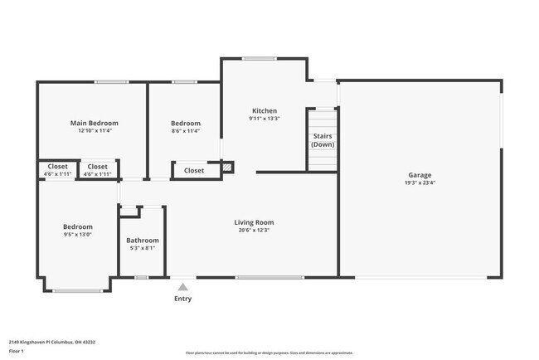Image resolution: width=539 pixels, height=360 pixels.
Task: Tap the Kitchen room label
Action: click(265, 110)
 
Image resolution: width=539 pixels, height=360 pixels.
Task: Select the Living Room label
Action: click(254, 222)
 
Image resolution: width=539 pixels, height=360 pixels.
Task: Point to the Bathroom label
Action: click(142, 241)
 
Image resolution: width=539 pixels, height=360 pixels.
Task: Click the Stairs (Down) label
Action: click(323, 140)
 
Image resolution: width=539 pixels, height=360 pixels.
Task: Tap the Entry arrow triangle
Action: click(182, 287)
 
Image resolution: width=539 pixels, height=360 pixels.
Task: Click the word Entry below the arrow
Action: click(182, 299)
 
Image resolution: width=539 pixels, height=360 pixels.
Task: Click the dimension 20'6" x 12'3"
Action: click(254, 230)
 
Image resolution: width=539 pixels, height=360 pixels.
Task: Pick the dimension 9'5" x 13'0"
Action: click(78, 234)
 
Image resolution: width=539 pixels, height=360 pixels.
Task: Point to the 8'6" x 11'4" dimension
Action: click(186, 130)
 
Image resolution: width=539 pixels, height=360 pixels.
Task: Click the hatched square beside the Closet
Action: click(227, 167)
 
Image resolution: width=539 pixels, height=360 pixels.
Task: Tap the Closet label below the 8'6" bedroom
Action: click(194, 171)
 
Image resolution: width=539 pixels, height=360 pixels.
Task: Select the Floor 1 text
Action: click(16, 351)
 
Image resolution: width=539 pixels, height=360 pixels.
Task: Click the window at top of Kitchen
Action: click(260, 58)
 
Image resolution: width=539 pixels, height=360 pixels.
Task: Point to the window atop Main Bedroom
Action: click(110, 81)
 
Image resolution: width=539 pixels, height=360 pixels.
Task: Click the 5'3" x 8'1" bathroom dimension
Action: click(142, 248)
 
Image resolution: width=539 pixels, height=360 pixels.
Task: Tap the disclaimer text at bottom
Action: click(269, 353)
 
